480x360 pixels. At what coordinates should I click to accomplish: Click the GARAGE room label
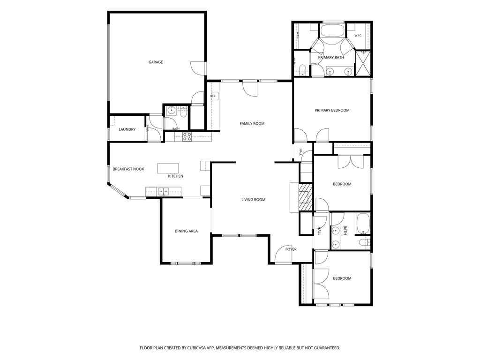(156, 62)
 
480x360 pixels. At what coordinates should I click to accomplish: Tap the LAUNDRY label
(127, 129)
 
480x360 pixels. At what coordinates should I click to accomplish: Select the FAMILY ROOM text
(252, 124)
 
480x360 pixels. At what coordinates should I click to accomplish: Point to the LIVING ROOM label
(254, 200)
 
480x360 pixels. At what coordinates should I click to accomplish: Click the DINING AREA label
(186, 231)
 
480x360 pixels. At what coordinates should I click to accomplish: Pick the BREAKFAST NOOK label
(128, 169)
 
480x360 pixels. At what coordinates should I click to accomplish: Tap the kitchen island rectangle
(168, 168)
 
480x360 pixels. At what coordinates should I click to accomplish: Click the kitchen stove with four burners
(187, 136)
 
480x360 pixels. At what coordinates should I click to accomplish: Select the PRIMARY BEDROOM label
(332, 110)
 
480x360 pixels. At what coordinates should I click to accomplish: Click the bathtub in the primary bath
(333, 31)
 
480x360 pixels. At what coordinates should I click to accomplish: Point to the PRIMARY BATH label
(331, 58)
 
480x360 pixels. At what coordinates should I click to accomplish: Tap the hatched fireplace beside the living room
(306, 197)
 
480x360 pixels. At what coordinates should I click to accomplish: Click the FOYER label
(291, 249)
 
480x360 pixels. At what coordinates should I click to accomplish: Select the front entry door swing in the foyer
(283, 254)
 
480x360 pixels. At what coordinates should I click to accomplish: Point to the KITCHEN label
(176, 176)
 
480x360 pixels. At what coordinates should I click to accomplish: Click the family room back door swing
(250, 89)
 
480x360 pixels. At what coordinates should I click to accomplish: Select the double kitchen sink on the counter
(163, 192)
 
